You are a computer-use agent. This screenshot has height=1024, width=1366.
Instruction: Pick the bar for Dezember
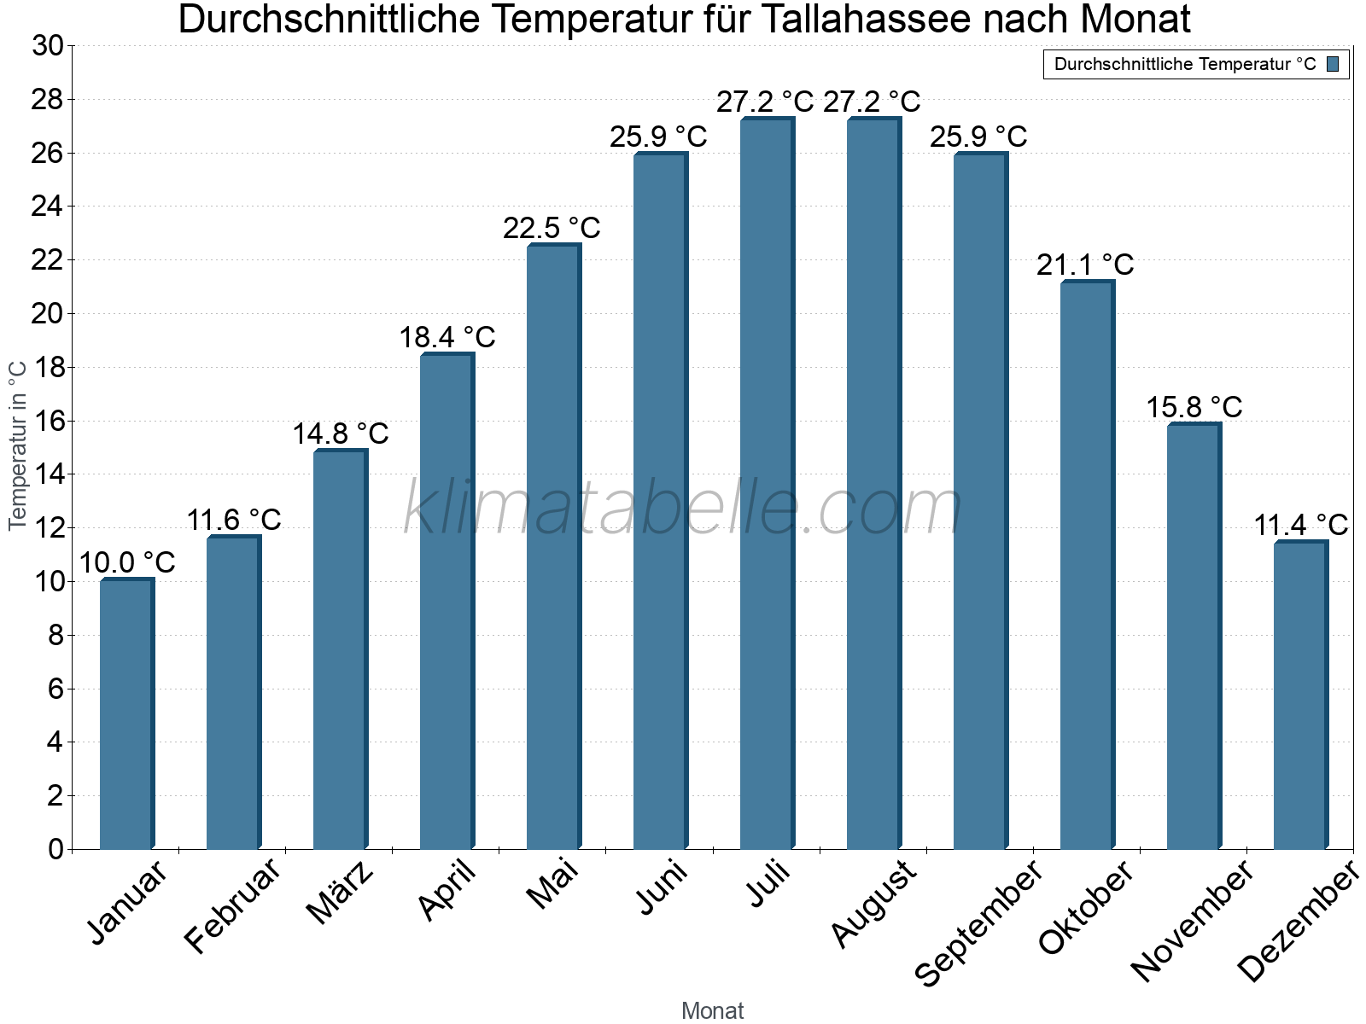[1300, 695]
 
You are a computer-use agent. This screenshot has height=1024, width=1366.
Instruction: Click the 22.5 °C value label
[552, 228]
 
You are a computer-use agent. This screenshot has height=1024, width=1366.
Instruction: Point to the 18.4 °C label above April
[447, 337]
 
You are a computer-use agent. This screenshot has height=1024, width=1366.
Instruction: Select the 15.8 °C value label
[1194, 407]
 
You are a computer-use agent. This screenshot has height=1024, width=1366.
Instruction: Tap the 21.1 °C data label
[1085, 265]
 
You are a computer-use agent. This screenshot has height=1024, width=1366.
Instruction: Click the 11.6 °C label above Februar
[234, 519]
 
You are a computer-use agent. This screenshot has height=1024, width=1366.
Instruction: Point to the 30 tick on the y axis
[48, 46]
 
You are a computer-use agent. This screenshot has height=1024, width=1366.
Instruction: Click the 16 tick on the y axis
[48, 421]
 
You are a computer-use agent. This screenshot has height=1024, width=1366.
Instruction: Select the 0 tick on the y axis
[56, 849]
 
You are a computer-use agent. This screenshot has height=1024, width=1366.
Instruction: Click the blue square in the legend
[1334, 64]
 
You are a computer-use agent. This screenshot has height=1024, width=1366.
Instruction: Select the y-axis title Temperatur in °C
[18, 445]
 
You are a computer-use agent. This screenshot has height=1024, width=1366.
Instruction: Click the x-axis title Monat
[713, 1010]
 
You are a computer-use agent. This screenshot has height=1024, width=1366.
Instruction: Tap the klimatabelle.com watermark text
[683, 507]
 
